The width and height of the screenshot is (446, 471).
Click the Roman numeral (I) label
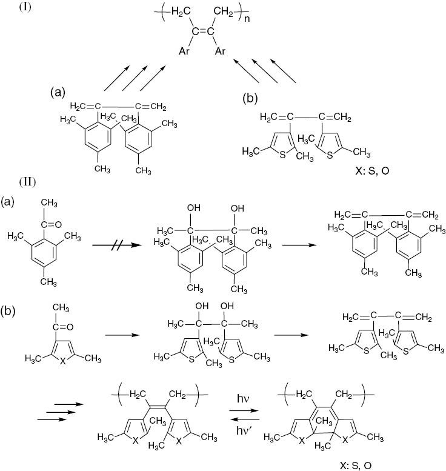point(25,7)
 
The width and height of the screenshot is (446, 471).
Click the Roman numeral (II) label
point(28,182)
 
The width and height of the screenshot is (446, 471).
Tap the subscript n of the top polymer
point(247,19)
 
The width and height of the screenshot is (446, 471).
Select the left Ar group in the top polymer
point(184,51)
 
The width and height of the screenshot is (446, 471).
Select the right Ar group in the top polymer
point(220,51)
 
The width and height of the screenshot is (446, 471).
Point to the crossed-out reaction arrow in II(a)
point(117,245)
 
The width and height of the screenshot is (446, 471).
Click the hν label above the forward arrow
point(243,399)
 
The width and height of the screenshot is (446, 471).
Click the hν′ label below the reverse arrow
point(244,430)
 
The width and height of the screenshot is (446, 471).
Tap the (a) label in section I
point(58,92)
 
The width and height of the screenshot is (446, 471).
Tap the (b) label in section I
point(250,99)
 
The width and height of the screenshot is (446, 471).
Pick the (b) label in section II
point(8,311)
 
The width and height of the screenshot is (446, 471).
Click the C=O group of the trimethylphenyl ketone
point(51,224)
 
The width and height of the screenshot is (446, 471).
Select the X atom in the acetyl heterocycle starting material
point(62,361)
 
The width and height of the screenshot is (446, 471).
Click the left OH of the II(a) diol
point(194,207)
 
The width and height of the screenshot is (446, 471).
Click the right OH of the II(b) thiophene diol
point(227,306)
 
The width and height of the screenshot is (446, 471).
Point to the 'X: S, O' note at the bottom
point(356,466)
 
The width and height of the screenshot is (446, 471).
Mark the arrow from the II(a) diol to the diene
point(299,245)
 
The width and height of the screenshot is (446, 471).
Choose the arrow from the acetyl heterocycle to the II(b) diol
point(122,335)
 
